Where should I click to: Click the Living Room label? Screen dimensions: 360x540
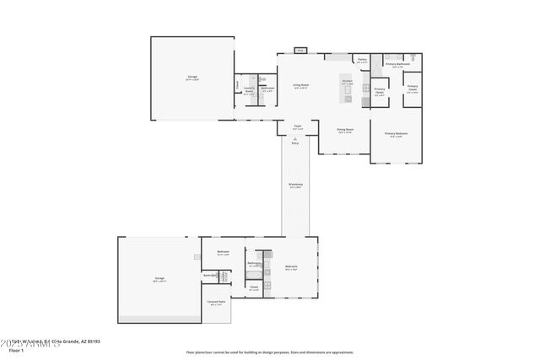[x=300, y=85]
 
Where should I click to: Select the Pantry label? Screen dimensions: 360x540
[x=362, y=60]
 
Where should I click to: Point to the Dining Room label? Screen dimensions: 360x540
[x=345, y=131]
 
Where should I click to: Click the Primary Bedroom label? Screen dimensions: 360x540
[x=396, y=134]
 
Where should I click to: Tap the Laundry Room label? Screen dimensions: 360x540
[x=249, y=90]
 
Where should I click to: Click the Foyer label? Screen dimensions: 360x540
[x=297, y=126]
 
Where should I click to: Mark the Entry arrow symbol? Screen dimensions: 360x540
[x=295, y=137]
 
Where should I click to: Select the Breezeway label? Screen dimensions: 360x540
[x=295, y=186]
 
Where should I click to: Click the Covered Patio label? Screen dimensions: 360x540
[x=215, y=301]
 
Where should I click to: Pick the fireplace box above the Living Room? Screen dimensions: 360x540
[x=300, y=51]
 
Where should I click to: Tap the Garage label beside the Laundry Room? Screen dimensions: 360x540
[x=192, y=78]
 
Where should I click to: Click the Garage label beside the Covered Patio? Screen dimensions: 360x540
[x=159, y=278]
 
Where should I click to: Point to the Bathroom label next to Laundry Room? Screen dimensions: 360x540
[x=267, y=89]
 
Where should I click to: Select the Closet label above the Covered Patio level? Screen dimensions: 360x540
[x=254, y=287]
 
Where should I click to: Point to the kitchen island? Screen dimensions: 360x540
[x=346, y=90]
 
